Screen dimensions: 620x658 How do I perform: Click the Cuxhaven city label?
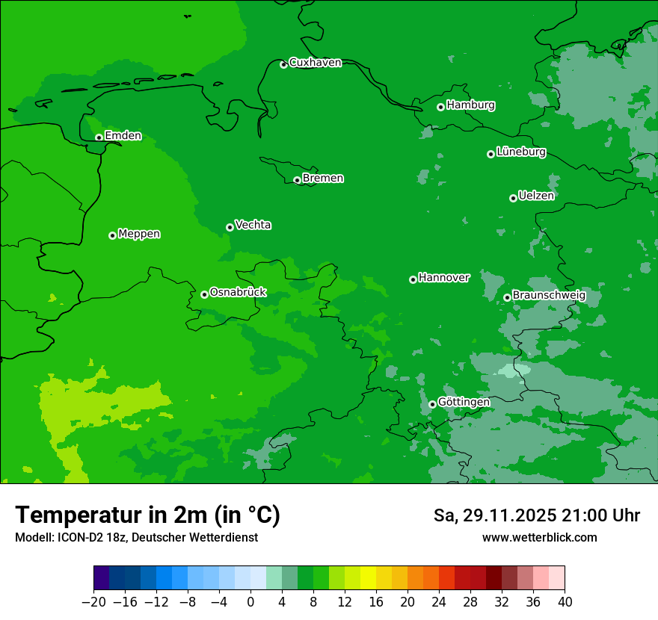coord(315,63)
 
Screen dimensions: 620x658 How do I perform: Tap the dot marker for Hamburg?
coord(440,107)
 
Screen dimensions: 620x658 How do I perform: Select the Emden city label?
coord(123,136)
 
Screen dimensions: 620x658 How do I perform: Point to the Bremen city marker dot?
coord(297,180)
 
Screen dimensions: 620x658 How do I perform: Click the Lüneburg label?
coord(520,152)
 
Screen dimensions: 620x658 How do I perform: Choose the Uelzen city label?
coord(536,196)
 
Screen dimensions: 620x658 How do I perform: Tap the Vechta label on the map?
coord(253,225)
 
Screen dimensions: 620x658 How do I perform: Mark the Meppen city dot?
coord(112,235)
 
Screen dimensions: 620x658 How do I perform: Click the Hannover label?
coord(443,278)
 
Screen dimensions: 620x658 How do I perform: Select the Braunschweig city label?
coord(549,296)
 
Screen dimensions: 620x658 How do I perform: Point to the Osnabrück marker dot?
coord(204,294)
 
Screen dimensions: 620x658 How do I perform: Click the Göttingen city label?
coord(464,403)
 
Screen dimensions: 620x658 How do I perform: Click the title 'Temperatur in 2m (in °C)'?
coord(147,515)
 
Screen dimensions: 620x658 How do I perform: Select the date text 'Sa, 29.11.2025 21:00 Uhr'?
coord(536,515)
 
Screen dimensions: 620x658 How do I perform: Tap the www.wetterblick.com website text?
coord(539,537)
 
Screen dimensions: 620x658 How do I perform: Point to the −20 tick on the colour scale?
coord(93,602)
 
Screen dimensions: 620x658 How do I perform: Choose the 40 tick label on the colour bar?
coord(565,602)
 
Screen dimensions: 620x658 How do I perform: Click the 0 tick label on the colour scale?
coord(250,602)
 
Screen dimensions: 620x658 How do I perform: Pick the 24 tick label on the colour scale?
coord(439,602)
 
